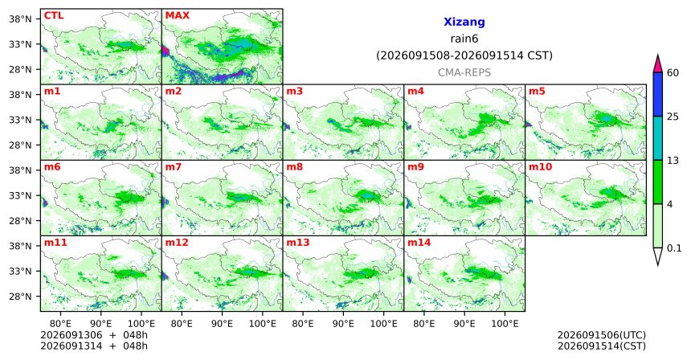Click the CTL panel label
coord(54,15)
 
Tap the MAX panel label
coord(177,15)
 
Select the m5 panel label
coord(537,92)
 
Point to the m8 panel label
coord(295,167)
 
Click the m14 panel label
coord(419,243)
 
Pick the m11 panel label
coord(55,243)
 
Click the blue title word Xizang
coord(464,22)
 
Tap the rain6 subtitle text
coord(464,39)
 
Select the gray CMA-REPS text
coord(464,72)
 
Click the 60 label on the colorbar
coord(673,72)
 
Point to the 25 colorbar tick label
coord(673,117)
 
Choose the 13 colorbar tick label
coord(673,161)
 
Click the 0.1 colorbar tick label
coord(674,248)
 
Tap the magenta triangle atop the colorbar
coord(657,64)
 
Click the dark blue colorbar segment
coord(657,94)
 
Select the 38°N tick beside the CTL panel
coord(21,19)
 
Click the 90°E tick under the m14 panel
coord(464,324)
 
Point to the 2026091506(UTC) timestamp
coord(602,335)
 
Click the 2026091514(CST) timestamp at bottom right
coord(602,346)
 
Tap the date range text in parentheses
coord(464,55)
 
